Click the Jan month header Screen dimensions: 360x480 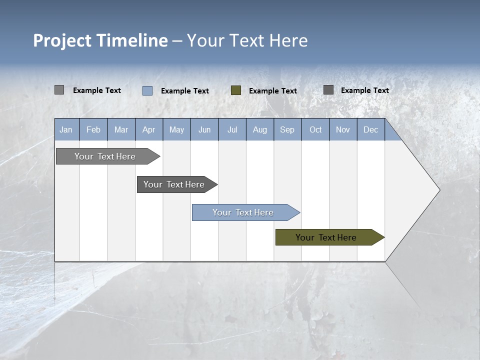click(66, 130)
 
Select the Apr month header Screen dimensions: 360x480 click(149, 130)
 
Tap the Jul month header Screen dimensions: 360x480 click(232, 130)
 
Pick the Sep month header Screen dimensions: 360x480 click(287, 130)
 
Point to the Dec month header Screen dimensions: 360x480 click(370, 130)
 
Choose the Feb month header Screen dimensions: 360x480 click(93, 130)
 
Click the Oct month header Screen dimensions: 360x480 click(315, 130)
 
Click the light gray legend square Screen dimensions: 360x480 click(59, 90)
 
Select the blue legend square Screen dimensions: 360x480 click(147, 90)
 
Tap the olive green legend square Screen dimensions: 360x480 click(236, 90)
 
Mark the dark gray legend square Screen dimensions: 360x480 click(328, 90)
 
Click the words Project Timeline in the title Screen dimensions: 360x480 click(100, 40)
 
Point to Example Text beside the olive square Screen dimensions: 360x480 click(273, 91)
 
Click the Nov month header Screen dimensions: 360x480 click(343, 130)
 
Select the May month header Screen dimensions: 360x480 click(176, 130)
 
